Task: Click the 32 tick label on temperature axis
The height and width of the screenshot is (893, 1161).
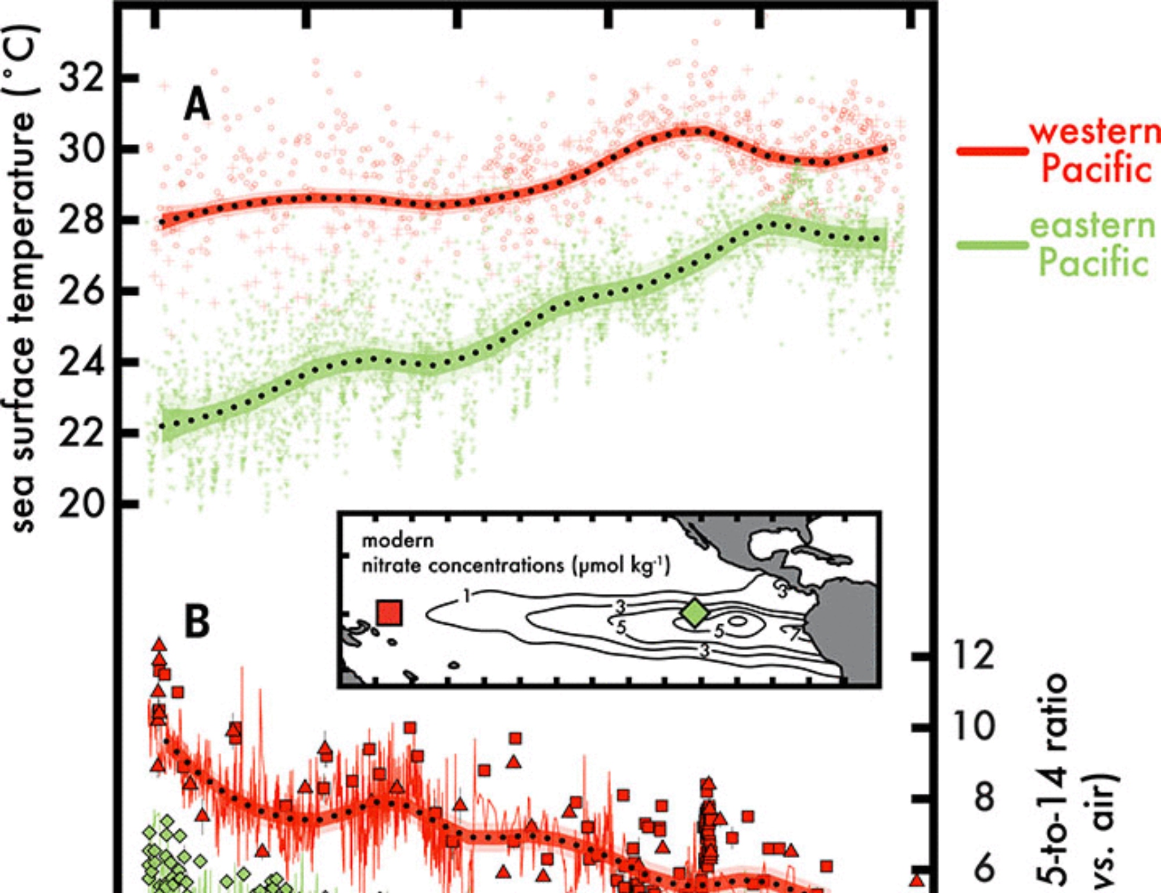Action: (82, 77)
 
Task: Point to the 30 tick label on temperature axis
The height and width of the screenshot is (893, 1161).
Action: (82, 149)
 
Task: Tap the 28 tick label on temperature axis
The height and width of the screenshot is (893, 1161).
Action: (82, 219)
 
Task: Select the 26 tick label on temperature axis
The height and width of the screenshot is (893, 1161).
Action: (82, 291)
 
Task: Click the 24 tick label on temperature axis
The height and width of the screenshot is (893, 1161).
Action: (82, 362)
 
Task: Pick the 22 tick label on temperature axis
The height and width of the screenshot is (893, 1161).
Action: (82, 433)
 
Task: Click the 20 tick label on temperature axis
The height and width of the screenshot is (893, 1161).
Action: (82, 504)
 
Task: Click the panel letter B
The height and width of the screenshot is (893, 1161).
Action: (197, 622)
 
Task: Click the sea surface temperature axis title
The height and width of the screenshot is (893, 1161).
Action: (24, 279)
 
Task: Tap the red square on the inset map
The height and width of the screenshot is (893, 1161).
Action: (390, 613)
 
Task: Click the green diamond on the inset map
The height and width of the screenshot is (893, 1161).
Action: (694, 613)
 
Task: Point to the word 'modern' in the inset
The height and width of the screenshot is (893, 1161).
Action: (398, 541)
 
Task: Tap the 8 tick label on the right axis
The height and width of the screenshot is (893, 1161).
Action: (985, 798)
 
